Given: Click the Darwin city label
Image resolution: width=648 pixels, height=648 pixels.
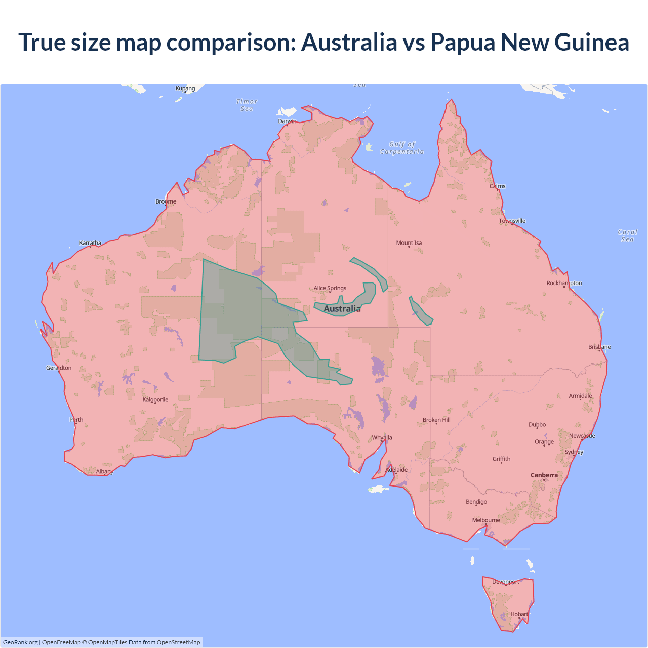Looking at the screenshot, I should point(287,121).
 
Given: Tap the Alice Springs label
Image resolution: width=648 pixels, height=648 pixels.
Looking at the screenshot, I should point(330,288).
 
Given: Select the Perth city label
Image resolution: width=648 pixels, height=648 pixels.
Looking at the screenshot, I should point(76,420).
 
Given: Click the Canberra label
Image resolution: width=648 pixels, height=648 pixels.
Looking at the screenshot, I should point(544,475).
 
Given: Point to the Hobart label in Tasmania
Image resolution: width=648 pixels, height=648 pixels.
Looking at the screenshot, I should point(519,614).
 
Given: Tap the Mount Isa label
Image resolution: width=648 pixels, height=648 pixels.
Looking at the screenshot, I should point(409,243).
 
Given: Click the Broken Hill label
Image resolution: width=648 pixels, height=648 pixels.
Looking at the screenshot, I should point(436,420).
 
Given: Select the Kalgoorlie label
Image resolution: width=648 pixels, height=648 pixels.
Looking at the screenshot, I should point(155,399).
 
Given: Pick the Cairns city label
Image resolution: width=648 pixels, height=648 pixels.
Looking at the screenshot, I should point(498,186).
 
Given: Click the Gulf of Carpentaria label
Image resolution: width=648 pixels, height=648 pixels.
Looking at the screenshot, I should point(402,148).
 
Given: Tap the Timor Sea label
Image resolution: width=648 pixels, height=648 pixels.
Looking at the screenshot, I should point(247,105).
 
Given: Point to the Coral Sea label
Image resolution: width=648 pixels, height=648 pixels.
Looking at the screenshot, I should point(627,236).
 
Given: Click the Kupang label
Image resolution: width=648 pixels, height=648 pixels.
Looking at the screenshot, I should point(185,88).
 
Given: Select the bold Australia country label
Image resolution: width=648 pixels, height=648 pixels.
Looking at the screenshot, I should point(342,309).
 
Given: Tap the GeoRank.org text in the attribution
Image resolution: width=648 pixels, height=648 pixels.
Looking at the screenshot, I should point(20,642).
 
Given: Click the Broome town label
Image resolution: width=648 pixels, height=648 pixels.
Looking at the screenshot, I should point(166,201).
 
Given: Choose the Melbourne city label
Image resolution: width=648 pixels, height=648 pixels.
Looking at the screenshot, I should point(486,520).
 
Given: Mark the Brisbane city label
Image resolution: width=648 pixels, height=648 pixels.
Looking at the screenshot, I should point(599,347).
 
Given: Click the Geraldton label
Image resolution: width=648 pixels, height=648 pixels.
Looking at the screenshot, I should point(59,368).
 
